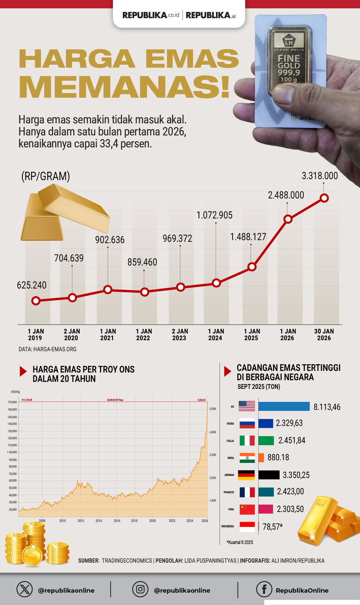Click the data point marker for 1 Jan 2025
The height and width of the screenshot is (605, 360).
(252, 267)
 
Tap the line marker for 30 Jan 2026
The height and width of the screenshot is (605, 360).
(324, 198)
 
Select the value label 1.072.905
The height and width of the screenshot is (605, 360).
(214, 215)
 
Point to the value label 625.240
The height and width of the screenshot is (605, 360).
(32, 285)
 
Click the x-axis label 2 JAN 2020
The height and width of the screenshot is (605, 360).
(71, 335)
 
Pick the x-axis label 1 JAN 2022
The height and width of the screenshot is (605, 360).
(144, 335)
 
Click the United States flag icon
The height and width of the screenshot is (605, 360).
(247, 406)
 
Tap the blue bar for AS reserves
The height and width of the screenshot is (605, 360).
(284, 406)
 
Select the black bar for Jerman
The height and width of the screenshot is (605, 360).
(269, 475)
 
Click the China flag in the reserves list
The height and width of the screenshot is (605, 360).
(247, 509)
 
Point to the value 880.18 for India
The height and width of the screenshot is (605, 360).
(278, 457)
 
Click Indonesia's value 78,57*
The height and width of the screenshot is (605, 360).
(272, 527)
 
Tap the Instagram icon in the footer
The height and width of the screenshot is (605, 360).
(140, 589)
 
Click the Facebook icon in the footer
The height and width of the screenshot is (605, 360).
(264, 589)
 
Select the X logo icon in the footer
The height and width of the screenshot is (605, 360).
(25, 589)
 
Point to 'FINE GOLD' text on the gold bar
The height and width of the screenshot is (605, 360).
(289, 62)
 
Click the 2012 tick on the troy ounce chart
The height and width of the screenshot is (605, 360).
(81, 521)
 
